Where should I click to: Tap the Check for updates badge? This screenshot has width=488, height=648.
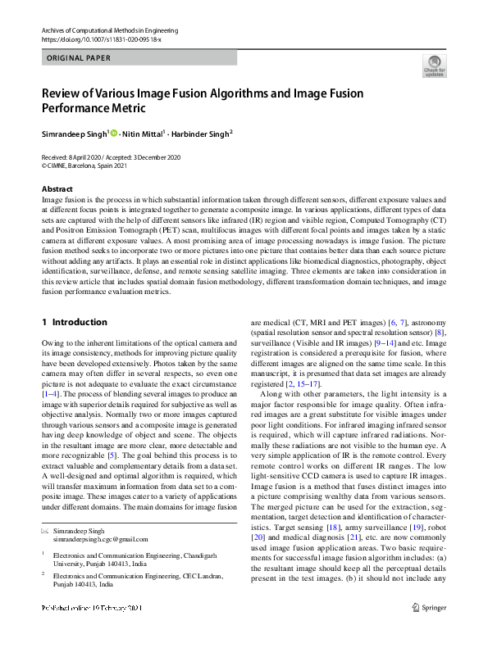click(x=434, y=66)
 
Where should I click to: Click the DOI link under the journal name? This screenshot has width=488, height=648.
click(x=89, y=39)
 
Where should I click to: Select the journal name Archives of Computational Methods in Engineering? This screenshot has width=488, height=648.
click(x=110, y=29)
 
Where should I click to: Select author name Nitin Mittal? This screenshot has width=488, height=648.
click(x=144, y=133)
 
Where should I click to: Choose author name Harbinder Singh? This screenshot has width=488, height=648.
click(x=201, y=133)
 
